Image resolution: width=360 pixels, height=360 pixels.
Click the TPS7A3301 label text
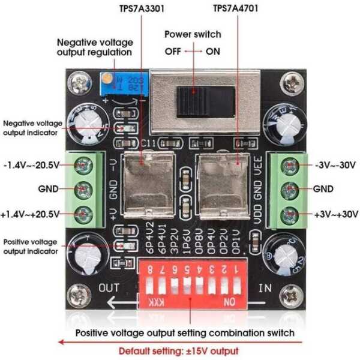click(142, 9)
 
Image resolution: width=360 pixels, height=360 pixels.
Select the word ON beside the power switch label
click(212, 52)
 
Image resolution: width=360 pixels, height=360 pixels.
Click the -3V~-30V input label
click(336, 166)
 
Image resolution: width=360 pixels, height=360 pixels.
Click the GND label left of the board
click(48, 189)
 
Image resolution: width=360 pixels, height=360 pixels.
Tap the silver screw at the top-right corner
click(293, 82)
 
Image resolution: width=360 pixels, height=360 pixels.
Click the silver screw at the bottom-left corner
click(78, 293)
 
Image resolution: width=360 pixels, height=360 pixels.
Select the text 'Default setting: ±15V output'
click(178, 351)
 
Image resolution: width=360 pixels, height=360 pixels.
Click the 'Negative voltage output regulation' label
click(94, 47)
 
